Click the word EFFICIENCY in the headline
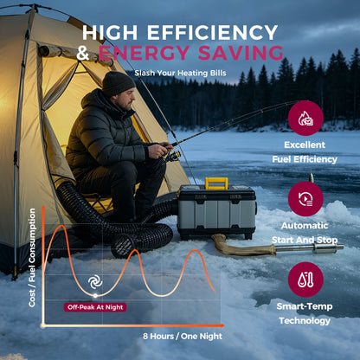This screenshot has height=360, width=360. (x=213, y=32)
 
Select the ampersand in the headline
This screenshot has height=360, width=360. (x=83, y=53)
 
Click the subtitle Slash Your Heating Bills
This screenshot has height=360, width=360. (x=180, y=73)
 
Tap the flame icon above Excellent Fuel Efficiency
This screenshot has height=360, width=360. (x=305, y=118)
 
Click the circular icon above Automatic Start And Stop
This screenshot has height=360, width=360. (x=305, y=199)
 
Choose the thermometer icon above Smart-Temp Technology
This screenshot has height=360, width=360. (x=305, y=280)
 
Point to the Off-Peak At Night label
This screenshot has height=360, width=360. (x=95, y=307)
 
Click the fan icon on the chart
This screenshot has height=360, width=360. (x=95, y=282)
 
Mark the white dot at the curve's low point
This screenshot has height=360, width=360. (x=95, y=296)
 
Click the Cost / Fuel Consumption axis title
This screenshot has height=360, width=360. (x=32, y=258)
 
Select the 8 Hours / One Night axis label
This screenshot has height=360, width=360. (x=183, y=336)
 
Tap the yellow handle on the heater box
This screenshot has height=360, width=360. (x=216, y=183)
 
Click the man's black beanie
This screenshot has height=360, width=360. (x=118, y=83)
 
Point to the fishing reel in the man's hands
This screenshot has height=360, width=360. (x=172, y=156)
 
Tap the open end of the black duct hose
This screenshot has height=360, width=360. (x=123, y=247)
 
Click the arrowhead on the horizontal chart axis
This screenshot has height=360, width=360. (x=222, y=325)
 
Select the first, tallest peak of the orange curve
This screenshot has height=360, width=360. (x=61, y=226)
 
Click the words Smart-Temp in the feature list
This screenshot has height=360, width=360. (x=305, y=306)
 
